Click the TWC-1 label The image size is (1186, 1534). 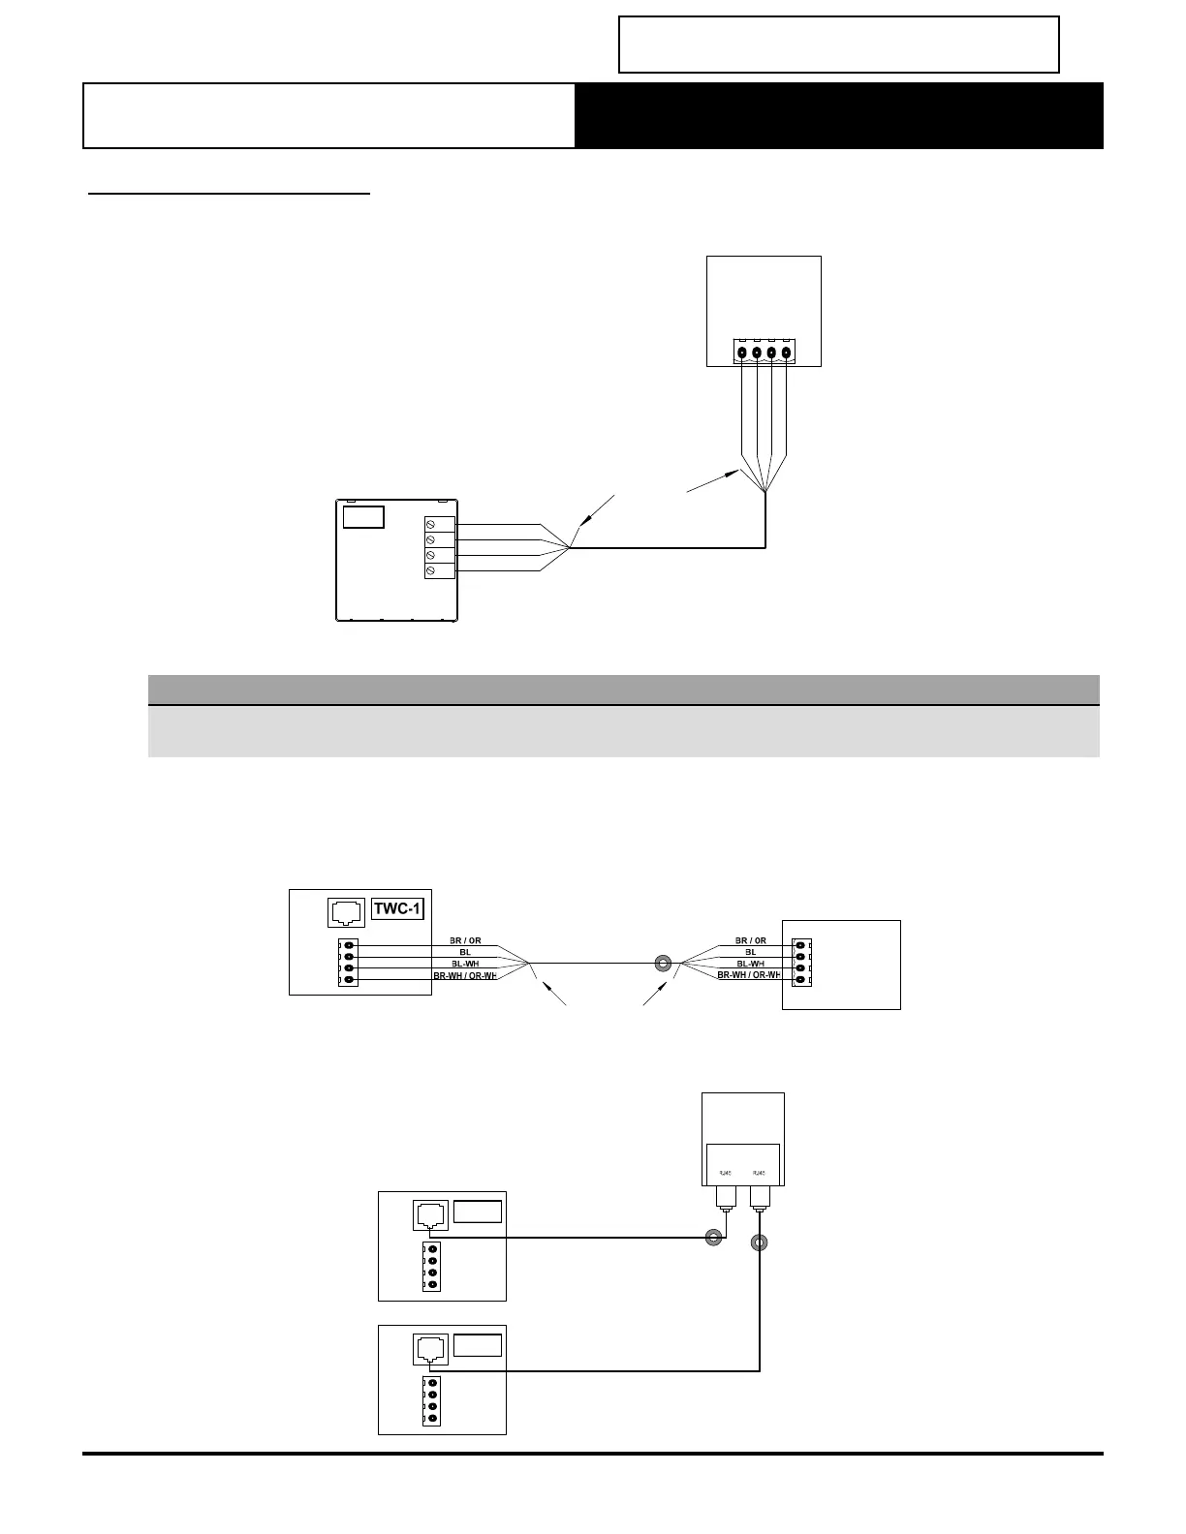(398, 908)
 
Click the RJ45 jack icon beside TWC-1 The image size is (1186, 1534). (347, 910)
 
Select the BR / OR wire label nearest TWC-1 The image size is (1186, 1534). (465, 940)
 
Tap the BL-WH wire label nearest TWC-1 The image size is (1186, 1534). (465, 964)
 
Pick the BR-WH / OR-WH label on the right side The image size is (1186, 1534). (749, 975)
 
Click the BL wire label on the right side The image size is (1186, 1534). (750, 952)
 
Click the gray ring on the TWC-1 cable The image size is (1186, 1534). (663, 964)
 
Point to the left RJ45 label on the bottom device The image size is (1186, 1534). (726, 1173)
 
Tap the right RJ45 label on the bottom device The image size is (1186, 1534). (760, 1173)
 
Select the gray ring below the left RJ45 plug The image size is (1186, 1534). (714, 1237)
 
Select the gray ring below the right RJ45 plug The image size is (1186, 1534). (760, 1243)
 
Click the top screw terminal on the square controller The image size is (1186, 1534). (431, 524)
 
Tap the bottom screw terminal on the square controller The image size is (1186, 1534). (431, 571)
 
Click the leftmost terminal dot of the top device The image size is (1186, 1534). (742, 353)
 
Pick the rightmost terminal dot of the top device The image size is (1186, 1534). (786, 353)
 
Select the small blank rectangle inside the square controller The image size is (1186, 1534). (363, 516)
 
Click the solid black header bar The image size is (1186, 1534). (839, 115)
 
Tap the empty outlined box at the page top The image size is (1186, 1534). (839, 45)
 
